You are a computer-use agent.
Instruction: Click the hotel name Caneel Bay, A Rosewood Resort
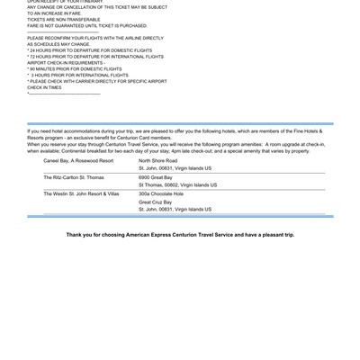click(x=78, y=160)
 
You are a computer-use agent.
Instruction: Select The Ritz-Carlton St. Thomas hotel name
click(x=74, y=177)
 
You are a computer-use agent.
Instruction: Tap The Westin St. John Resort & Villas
click(x=81, y=193)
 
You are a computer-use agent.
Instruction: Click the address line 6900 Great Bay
click(x=156, y=177)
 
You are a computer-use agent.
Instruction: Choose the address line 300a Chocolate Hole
click(x=161, y=193)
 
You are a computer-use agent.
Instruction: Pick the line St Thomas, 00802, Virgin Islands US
click(x=177, y=185)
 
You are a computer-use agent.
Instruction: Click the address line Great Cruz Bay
click(x=155, y=202)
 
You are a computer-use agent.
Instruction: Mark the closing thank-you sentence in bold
click(x=180, y=235)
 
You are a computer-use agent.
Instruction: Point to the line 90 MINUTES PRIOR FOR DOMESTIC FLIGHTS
click(x=77, y=68)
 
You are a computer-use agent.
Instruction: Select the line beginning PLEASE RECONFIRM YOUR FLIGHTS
click(x=95, y=38)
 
